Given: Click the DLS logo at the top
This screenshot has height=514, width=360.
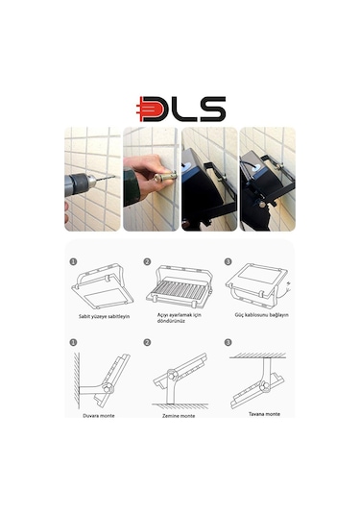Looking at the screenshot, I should pos(180,109).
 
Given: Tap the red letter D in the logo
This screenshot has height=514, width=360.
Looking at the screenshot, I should pos(153,109).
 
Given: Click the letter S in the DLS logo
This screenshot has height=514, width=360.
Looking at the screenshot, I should pos(212,109).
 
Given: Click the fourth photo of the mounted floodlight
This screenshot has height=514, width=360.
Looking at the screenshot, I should pos(266,179).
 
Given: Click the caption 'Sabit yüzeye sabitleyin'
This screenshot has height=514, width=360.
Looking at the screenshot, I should pos(98,315).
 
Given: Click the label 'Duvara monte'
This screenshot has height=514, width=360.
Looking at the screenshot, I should pos(97,415).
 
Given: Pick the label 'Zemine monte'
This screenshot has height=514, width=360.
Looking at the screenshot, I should pos(178,415).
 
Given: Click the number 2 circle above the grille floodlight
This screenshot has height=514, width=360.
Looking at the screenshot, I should pos(147,260).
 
